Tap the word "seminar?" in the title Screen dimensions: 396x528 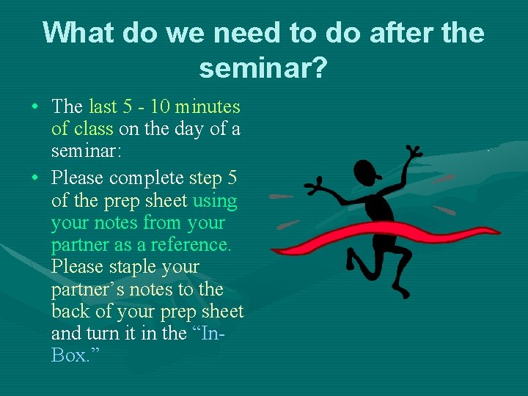tap(263, 68)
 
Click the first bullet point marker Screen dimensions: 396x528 tap(35, 107)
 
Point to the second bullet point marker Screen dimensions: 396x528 tap(35, 178)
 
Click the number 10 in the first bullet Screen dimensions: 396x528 tap(160, 106)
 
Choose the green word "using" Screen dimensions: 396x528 tap(215, 200)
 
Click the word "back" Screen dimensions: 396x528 tap(70, 311)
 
